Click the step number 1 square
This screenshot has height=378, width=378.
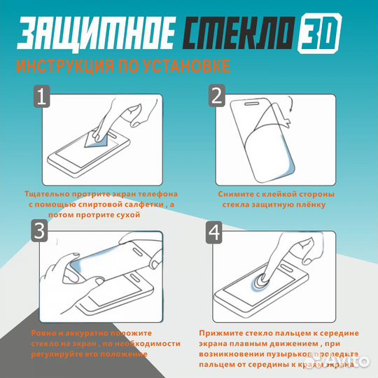click(x=43, y=97)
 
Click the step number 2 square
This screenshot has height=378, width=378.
click(x=216, y=97)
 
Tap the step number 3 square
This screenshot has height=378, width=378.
click(x=40, y=230)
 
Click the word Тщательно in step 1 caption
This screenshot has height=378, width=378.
click(x=48, y=193)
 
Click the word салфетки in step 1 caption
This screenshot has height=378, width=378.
click(x=140, y=204)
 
